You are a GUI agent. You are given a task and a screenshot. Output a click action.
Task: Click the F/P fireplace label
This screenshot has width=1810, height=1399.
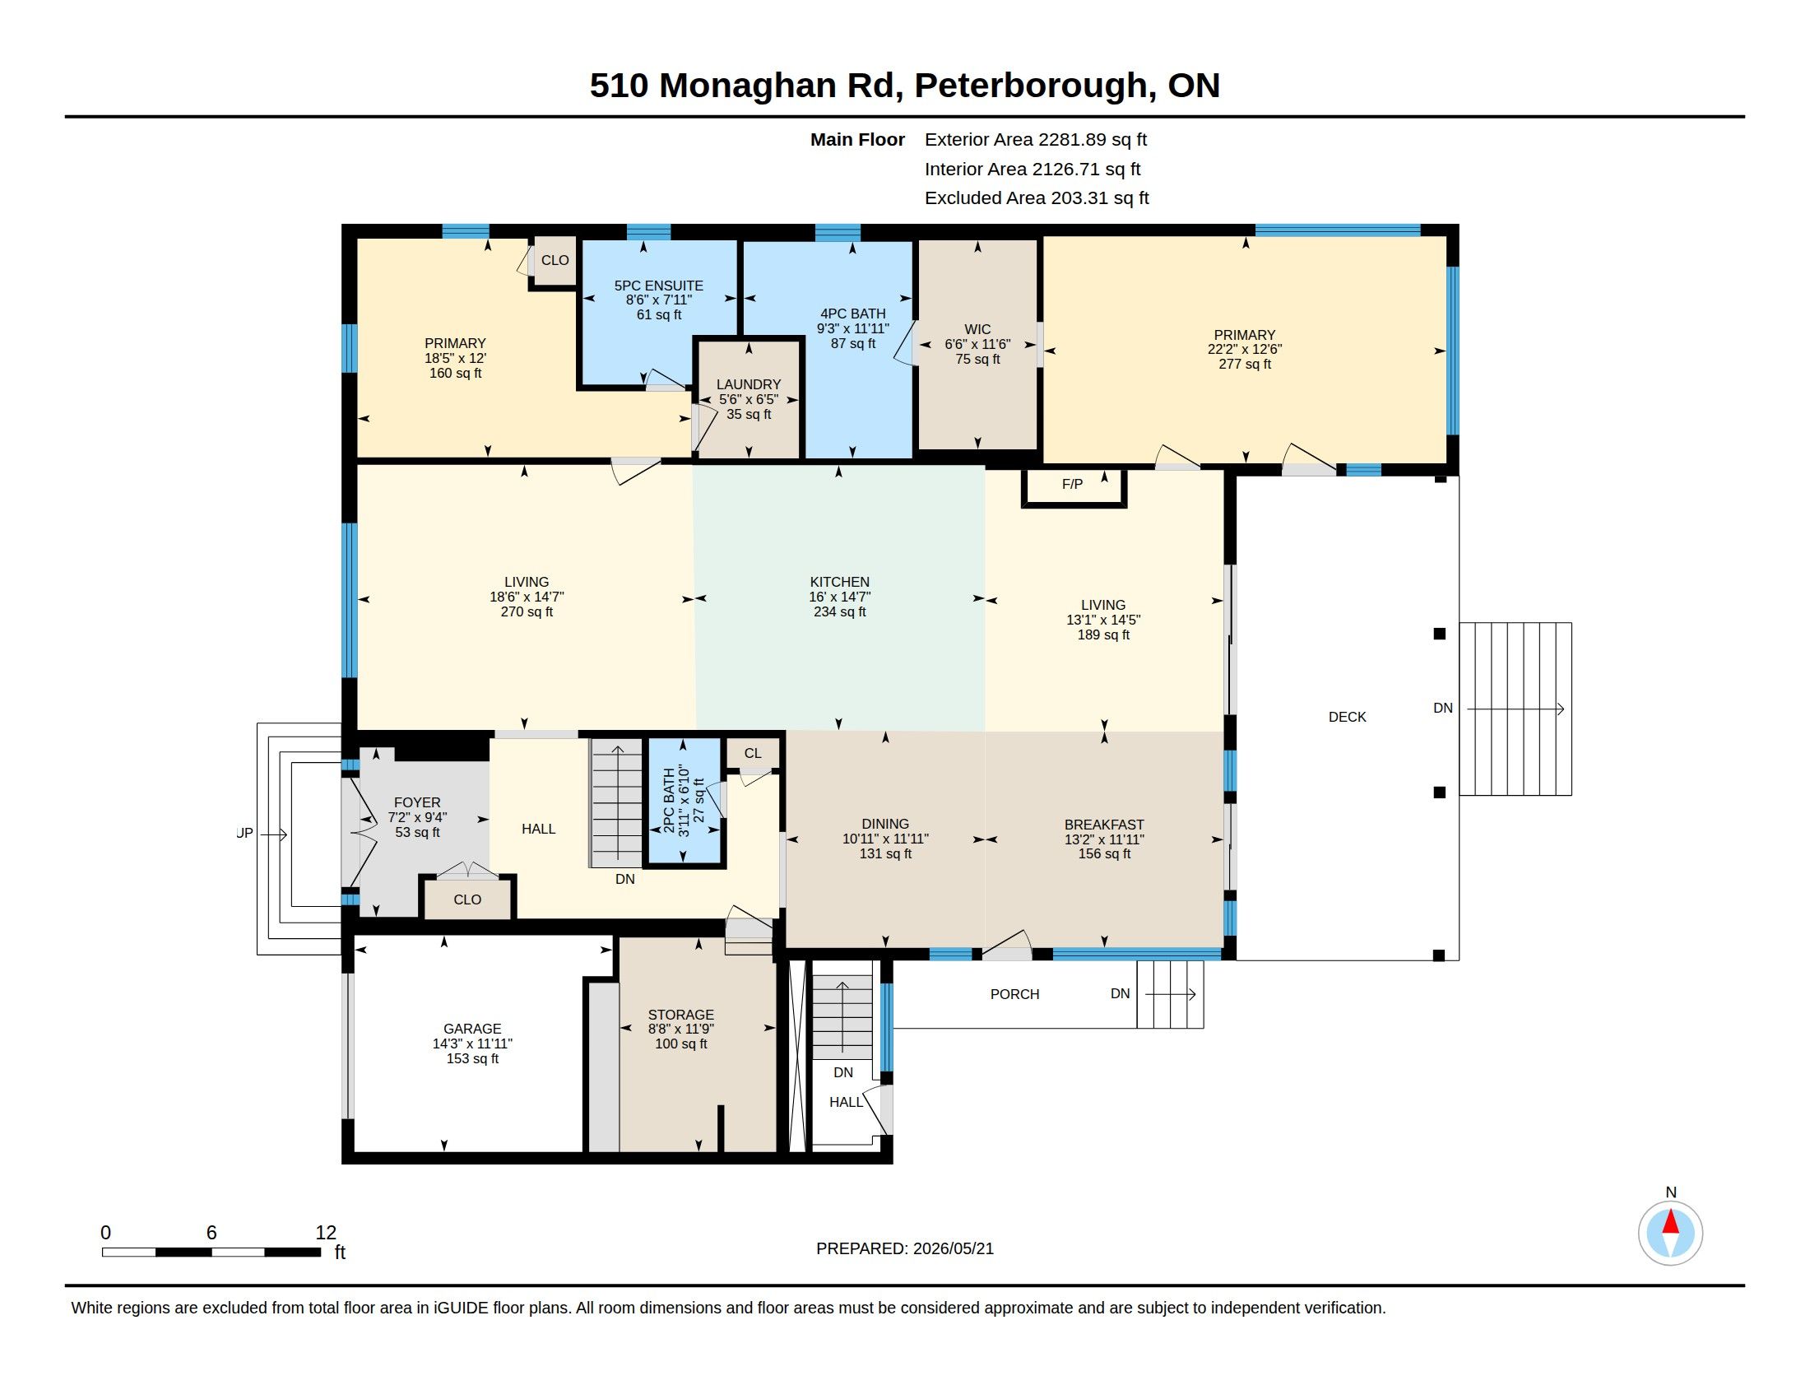(x=1071, y=484)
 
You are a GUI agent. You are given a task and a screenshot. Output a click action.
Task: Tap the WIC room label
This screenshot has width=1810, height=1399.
(x=977, y=329)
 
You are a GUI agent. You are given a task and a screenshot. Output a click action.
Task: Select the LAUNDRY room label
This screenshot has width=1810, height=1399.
(x=749, y=384)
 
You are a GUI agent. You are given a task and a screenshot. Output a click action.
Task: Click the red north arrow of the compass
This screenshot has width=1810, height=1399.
(x=1670, y=1222)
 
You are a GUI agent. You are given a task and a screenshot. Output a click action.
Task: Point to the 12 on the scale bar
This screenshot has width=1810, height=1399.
(x=326, y=1233)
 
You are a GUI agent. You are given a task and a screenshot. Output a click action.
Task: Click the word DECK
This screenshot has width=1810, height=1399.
(x=1347, y=717)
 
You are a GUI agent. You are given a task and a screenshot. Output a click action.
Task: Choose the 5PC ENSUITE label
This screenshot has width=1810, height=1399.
(x=658, y=285)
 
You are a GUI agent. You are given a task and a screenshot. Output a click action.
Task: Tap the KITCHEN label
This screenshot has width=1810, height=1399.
(x=839, y=582)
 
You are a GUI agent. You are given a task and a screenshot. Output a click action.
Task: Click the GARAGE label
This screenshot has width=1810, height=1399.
(x=471, y=1029)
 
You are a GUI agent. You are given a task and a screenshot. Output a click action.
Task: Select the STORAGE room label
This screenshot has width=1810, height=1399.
(x=680, y=1015)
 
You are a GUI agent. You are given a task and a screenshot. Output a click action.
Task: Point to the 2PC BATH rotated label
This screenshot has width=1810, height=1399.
(x=669, y=801)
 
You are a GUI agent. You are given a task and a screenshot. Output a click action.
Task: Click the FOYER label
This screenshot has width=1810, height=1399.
(x=417, y=802)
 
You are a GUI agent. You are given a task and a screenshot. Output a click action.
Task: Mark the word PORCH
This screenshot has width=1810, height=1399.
(x=1014, y=994)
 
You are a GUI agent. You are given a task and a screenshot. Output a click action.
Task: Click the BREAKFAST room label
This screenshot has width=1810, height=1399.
(x=1104, y=825)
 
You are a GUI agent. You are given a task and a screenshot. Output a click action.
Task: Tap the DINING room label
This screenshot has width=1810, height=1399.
(x=885, y=824)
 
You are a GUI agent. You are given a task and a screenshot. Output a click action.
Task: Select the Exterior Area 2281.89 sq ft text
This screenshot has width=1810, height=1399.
(x=1035, y=139)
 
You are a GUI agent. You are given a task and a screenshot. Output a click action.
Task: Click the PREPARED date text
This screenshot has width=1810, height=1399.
(x=904, y=1248)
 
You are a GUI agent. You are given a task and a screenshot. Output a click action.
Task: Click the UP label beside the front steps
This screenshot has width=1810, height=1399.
(x=244, y=833)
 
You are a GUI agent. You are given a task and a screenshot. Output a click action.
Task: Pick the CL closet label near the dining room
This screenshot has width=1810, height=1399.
(x=753, y=753)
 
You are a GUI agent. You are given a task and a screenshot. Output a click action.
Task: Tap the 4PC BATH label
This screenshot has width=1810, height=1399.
(x=853, y=314)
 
